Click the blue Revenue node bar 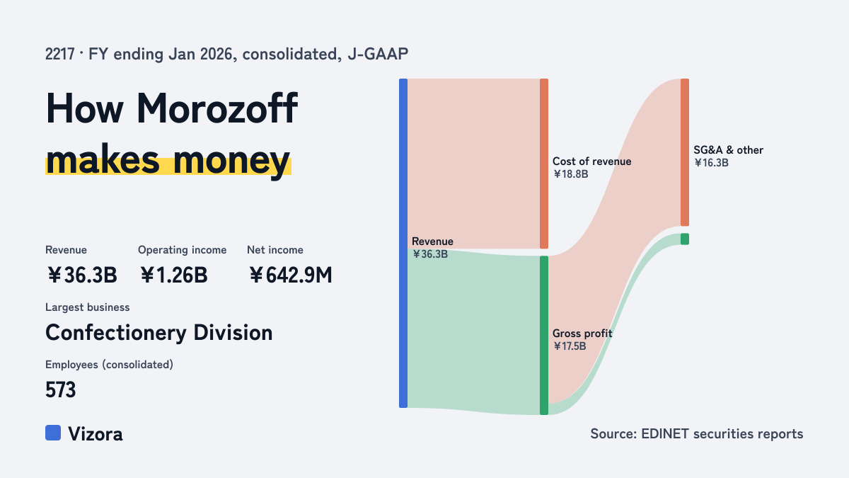coord(403,243)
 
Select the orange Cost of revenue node coord(544,164)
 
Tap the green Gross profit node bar coord(544,336)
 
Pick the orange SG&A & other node coord(685,152)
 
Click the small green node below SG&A coord(685,239)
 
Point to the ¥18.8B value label coord(570,174)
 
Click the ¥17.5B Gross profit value coord(570,346)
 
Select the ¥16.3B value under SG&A coord(711,163)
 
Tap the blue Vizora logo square coord(53,433)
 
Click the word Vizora coord(96,434)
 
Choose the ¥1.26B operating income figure coord(173,275)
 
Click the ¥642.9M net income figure coord(290,275)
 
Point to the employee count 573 coord(61,389)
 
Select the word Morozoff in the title coord(217,108)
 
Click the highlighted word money coord(231,161)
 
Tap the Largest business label coord(88,307)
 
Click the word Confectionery coord(116,333)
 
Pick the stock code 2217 coord(60,55)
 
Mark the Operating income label coord(183,250)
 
